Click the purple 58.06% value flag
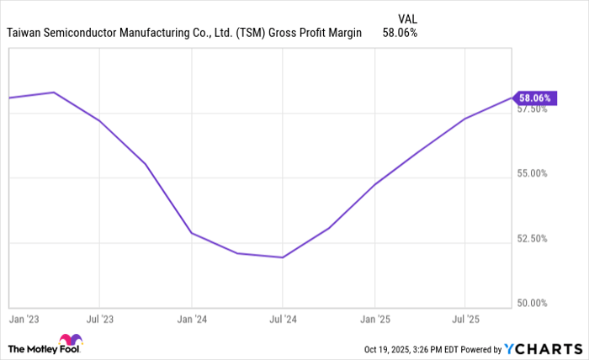click(x=533, y=98)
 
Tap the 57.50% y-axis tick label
click(x=532, y=109)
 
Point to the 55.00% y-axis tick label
click(x=532, y=173)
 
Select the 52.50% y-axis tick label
click(x=532, y=238)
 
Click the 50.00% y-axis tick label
click(x=532, y=303)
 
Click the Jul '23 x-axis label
click(x=100, y=319)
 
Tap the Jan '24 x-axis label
click(x=192, y=319)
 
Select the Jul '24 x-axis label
click(x=283, y=319)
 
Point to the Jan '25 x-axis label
click(x=374, y=319)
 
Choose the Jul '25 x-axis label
click(x=465, y=319)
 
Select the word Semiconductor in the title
click(x=85, y=33)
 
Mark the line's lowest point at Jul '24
click(x=283, y=257)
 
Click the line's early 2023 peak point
click(x=54, y=93)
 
